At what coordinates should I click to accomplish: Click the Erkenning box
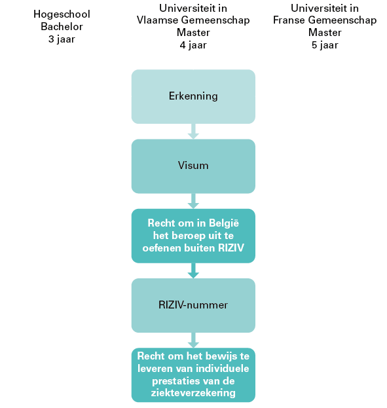(193, 96)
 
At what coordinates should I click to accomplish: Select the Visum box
(193, 166)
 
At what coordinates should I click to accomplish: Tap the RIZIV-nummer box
(193, 305)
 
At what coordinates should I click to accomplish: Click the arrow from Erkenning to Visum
(193, 132)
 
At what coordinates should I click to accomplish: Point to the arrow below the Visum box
(193, 201)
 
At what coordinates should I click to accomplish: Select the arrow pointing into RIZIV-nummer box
(193, 270)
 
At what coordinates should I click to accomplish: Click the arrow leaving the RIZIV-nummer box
(193, 341)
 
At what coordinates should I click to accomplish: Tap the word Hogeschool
(62, 14)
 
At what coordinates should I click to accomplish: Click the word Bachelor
(62, 27)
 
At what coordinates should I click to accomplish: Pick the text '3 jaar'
(62, 39)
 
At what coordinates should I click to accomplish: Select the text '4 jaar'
(193, 45)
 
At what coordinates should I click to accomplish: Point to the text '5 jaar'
(325, 45)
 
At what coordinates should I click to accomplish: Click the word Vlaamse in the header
(157, 20)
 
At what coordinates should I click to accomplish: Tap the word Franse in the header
(289, 20)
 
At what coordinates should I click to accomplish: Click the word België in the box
(224, 223)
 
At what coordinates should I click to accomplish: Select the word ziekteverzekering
(193, 393)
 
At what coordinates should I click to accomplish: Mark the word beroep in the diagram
(187, 236)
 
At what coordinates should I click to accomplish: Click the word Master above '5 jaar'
(325, 33)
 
